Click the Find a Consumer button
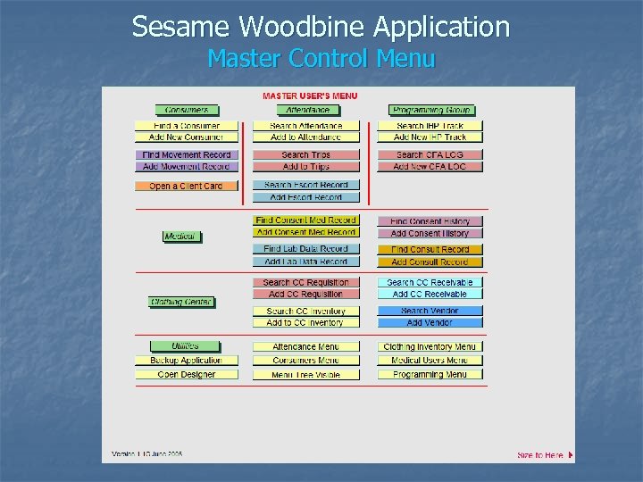coord(186,126)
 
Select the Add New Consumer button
coord(186,137)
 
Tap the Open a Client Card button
coord(186,187)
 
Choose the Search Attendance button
coord(305,126)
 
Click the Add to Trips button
coord(305,167)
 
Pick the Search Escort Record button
coord(305,186)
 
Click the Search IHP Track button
coord(430,126)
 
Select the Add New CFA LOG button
coord(430,167)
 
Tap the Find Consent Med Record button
coord(305,220)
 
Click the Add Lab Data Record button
coord(305,262)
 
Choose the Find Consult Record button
coord(430,250)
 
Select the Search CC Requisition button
coord(305,283)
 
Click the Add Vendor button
coord(430,322)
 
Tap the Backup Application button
coord(187,361)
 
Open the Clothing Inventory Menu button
coord(430,347)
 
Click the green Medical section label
coord(180,237)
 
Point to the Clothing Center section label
coord(180,302)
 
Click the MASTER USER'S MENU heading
coord(310,96)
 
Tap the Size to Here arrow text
coord(544,455)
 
